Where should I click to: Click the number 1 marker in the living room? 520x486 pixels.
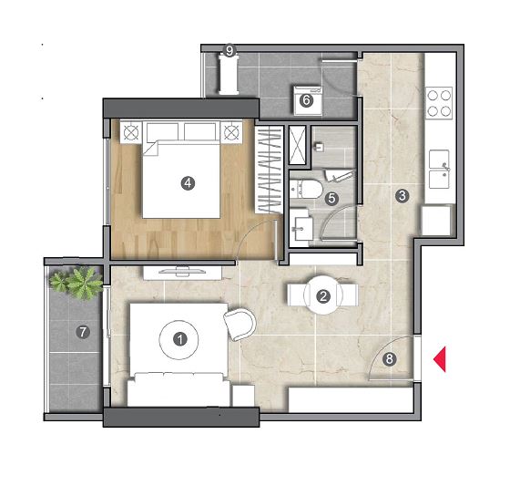click(180, 339)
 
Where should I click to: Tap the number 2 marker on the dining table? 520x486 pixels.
click(323, 296)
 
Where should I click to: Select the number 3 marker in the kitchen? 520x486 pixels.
click(402, 195)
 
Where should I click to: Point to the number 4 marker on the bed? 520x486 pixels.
click(188, 183)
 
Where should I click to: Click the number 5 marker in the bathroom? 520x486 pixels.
click(331, 199)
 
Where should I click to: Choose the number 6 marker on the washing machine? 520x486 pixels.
click(306, 100)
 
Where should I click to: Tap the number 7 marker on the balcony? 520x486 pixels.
click(83, 332)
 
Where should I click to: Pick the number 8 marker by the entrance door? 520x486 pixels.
click(389, 359)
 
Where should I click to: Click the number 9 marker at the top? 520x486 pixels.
click(229, 51)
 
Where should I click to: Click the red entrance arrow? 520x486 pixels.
click(440, 359)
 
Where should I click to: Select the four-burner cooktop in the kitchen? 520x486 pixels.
click(439, 103)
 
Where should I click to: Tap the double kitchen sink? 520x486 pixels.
click(440, 170)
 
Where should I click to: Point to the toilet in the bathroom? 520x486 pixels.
click(306, 190)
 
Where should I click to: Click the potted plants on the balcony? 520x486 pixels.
click(76, 284)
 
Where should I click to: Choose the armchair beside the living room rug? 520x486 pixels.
click(240, 326)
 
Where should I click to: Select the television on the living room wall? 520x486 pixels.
click(182, 271)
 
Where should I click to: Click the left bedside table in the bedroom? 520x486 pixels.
click(131, 132)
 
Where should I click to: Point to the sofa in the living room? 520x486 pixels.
click(178, 389)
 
